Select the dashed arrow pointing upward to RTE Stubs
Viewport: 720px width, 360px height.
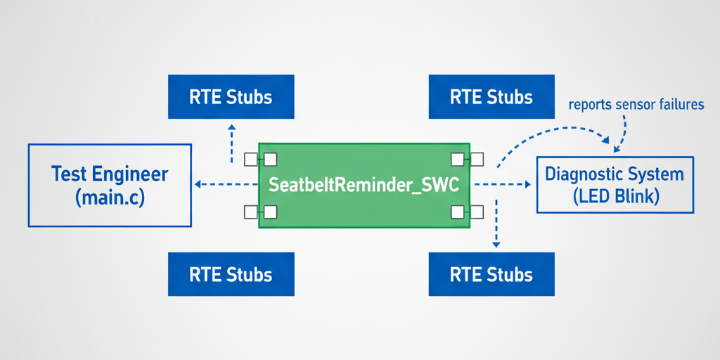(x=231, y=141)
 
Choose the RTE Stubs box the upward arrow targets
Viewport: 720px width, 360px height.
(x=231, y=96)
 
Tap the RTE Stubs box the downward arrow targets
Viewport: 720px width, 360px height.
(x=491, y=274)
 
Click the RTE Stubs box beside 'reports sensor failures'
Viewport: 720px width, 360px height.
(x=491, y=96)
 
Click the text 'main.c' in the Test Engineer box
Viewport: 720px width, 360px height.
(x=110, y=198)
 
